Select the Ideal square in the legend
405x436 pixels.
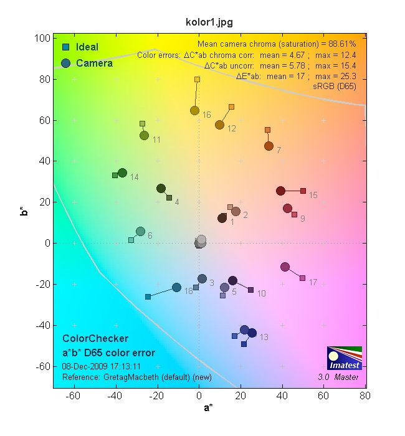point(65,47)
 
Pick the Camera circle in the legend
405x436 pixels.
point(65,63)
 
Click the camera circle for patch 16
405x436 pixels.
point(194,110)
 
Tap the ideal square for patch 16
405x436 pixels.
point(197,80)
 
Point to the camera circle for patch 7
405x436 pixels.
point(269,146)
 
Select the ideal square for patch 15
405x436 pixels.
point(303,191)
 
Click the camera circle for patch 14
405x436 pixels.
point(122,173)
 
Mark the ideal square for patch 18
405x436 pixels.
point(148,296)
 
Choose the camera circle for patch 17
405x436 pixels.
point(285,267)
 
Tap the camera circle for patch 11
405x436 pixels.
point(144,135)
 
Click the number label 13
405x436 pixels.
point(264,338)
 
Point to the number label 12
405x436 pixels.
point(231,129)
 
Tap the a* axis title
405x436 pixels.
point(210,409)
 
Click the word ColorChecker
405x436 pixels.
point(95,338)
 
